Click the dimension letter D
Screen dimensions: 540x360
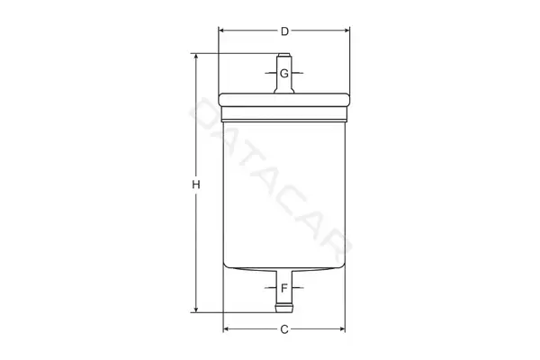[284, 31]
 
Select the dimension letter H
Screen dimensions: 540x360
[196, 185]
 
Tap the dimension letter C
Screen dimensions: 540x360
[284, 329]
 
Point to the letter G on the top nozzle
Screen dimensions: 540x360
[284, 74]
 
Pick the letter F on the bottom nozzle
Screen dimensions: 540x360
[284, 288]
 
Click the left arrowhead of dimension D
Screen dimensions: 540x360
[221, 31]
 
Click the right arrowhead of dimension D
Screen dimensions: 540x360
[346, 31]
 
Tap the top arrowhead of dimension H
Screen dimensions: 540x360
[196, 57]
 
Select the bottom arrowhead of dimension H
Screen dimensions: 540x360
[196, 310]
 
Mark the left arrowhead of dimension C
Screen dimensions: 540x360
[226, 329]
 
